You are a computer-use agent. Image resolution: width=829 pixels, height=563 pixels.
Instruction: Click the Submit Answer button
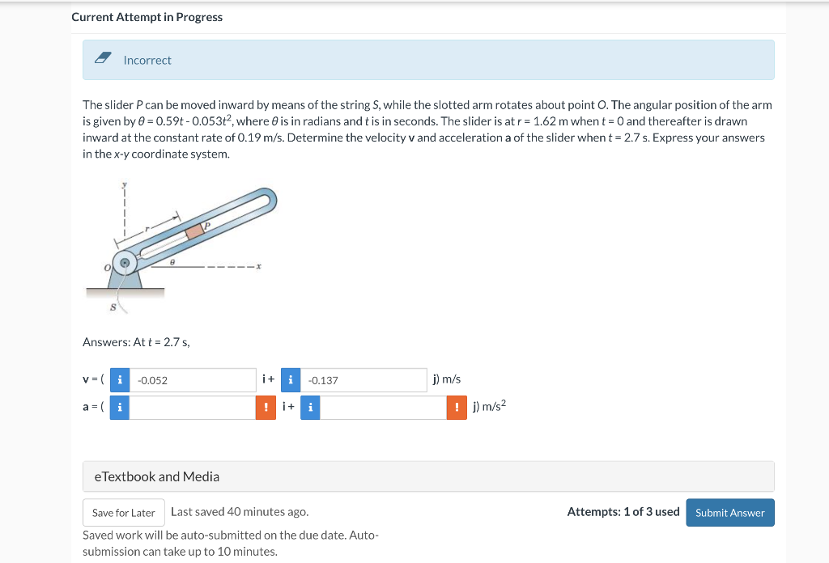point(729,513)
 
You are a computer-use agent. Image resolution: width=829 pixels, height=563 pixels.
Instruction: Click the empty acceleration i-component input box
point(193,408)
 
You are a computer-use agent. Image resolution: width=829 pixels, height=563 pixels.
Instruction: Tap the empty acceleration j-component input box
point(383,408)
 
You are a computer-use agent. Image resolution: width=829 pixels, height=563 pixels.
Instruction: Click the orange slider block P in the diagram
point(194,231)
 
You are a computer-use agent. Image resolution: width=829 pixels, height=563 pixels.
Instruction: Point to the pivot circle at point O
point(125,263)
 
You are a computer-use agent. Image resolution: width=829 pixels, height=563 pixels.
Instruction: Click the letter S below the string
point(113,307)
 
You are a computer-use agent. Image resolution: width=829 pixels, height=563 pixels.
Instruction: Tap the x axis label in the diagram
point(258,266)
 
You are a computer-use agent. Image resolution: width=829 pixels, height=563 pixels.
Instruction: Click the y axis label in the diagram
point(125,184)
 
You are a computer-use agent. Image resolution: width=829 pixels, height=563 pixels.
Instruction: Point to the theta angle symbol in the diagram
point(173,261)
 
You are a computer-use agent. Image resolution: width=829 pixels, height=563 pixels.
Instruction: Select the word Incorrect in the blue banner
point(147,60)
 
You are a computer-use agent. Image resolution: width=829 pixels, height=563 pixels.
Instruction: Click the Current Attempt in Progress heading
point(147,17)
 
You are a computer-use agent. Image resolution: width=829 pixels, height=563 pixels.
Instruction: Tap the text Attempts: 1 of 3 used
point(623,511)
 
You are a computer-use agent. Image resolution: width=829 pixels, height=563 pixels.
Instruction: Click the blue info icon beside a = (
point(120,408)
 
